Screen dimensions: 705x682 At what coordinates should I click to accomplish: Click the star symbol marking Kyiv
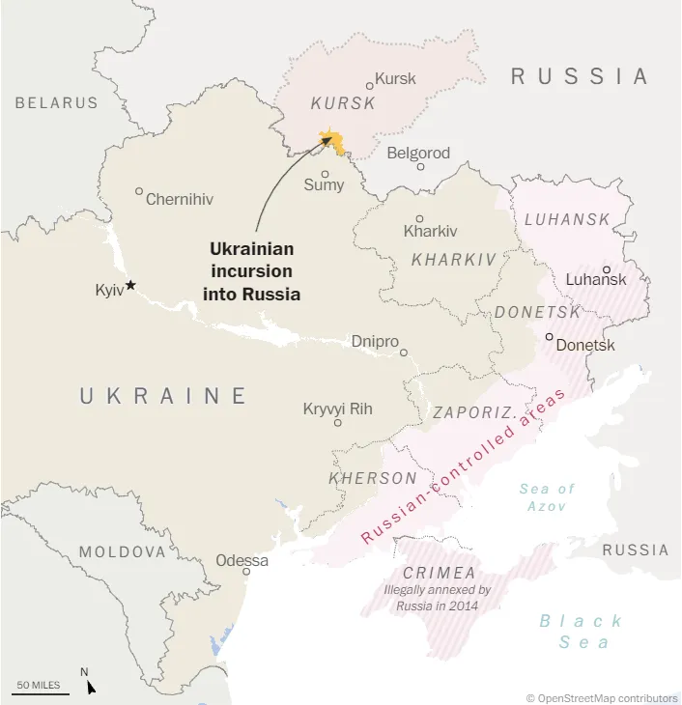point(131,285)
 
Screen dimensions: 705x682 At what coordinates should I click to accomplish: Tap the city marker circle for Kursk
point(369,86)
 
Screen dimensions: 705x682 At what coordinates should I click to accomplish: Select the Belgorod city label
point(418,153)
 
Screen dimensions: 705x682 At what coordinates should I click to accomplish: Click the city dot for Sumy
point(325,174)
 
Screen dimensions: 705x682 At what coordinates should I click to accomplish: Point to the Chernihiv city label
point(179,200)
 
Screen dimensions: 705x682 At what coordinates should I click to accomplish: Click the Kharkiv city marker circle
point(419,218)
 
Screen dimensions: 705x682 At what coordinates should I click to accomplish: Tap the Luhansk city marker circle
point(607,269)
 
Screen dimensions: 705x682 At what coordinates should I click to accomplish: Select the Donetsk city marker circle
point(549,337)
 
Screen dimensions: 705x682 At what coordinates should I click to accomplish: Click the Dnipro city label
point(372,341)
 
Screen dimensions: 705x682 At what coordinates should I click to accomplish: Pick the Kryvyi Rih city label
point(337,409)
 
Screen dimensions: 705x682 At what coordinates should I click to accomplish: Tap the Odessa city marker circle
point(246,572)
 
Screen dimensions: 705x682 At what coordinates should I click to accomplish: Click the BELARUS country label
point(56,102)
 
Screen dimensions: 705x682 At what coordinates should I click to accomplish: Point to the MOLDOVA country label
point(123,552)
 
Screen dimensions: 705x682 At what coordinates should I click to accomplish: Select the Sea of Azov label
point(547,497)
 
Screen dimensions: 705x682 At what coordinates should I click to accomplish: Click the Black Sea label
point(581,632)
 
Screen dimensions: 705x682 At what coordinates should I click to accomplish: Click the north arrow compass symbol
point(90,686)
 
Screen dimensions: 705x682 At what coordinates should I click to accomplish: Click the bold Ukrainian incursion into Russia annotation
point(251,271)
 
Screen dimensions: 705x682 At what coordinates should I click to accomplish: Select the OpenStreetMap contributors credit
point(602,697)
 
